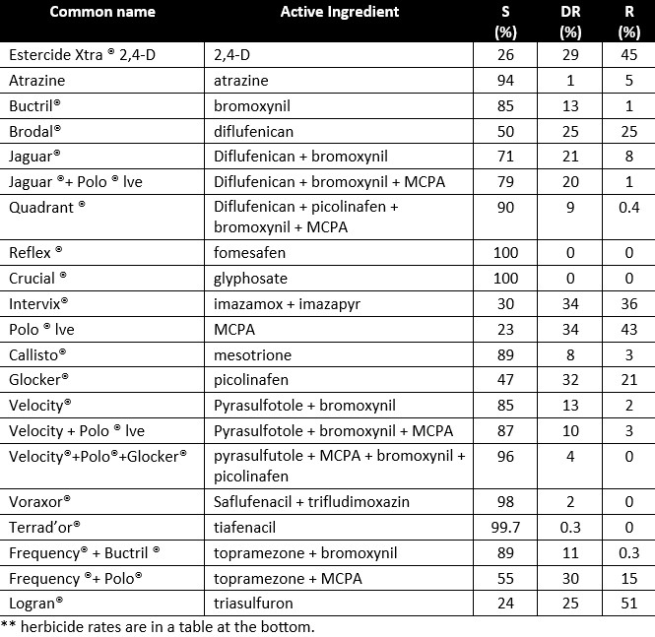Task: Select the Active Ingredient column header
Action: [340, 13]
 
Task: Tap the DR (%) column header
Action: [569, 21]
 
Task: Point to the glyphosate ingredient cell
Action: [250, 278]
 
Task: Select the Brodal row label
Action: [34, 132]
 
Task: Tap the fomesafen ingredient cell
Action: [247, 252]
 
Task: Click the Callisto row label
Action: [37, 354]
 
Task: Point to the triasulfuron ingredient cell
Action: [253, 603]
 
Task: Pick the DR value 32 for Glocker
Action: [569, 380]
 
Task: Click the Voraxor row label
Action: [38, 500]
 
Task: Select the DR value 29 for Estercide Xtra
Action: [569, 55]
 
